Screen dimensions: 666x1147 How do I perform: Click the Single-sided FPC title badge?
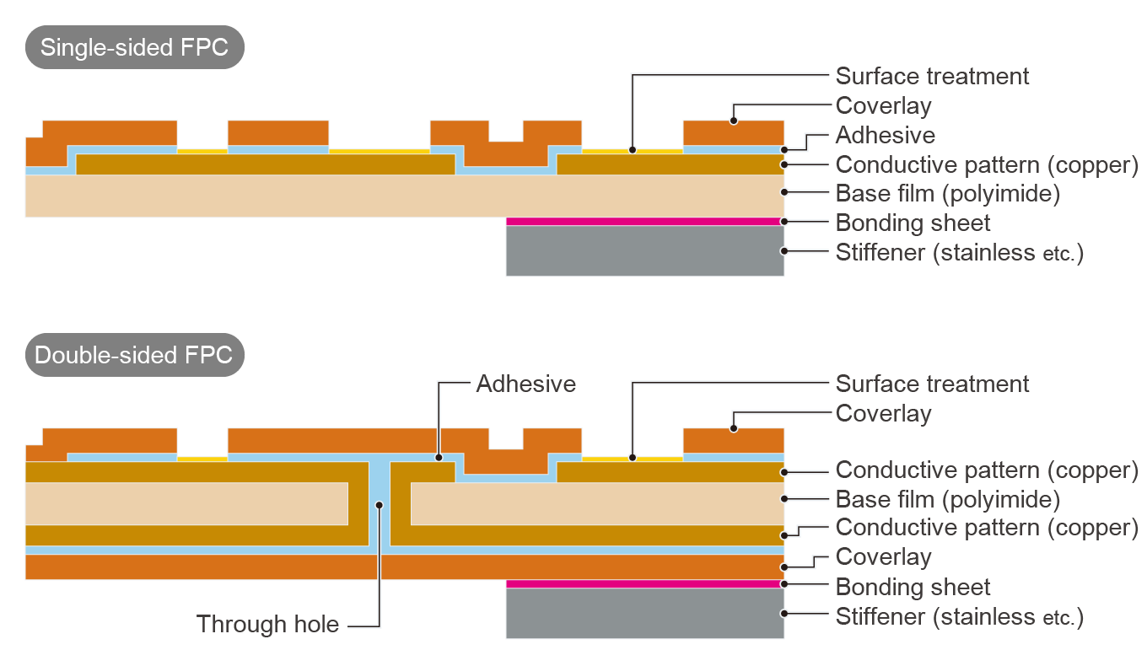click(134, 47)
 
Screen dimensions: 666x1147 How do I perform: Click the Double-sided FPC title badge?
click(134, 354)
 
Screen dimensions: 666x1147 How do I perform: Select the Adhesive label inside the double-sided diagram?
click(525, 384)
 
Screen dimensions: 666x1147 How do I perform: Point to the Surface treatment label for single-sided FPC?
click(932, 76)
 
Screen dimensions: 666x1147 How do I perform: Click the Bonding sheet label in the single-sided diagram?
click(913, 223)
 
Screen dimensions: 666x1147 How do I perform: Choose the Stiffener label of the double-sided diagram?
click(959, 617)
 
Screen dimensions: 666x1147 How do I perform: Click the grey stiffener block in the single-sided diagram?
click(644, 250)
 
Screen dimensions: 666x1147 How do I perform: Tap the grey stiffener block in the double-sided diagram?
click(644, 613)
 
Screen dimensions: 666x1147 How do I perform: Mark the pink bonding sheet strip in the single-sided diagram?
click(644, 222)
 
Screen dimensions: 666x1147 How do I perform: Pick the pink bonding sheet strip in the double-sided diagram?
click(644, 583)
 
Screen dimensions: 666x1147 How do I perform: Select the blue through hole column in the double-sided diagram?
click(380, 506)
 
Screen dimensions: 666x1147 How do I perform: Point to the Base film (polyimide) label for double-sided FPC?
click(947, 500)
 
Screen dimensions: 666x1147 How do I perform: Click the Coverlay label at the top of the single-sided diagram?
click(883, 106)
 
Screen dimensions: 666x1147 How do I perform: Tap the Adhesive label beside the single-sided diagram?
click(885, 135)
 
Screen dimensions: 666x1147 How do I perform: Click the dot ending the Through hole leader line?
click(380, 505)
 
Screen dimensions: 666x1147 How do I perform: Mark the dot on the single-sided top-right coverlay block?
click(734, 121)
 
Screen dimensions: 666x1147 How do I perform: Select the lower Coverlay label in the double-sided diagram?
click(883, 557)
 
